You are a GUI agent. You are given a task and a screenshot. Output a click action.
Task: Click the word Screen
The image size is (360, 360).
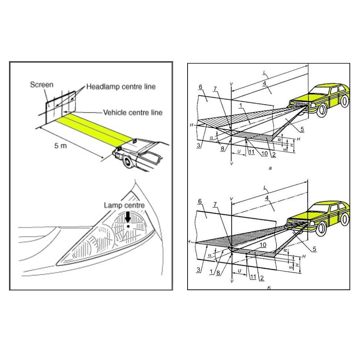click(x=41, y=85)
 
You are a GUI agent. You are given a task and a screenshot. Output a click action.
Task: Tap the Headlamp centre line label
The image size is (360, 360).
click(x=121, y=87)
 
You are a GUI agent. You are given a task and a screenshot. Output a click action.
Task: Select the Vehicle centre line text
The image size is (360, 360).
click(x=132, y=113)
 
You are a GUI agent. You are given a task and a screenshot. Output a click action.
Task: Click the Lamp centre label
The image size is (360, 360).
click(x=124, y=205)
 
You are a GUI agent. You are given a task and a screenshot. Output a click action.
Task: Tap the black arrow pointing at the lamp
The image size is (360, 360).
click(x=128, y=217)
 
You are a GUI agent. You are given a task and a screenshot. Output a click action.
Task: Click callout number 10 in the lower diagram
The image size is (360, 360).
click(x=263, y=244)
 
